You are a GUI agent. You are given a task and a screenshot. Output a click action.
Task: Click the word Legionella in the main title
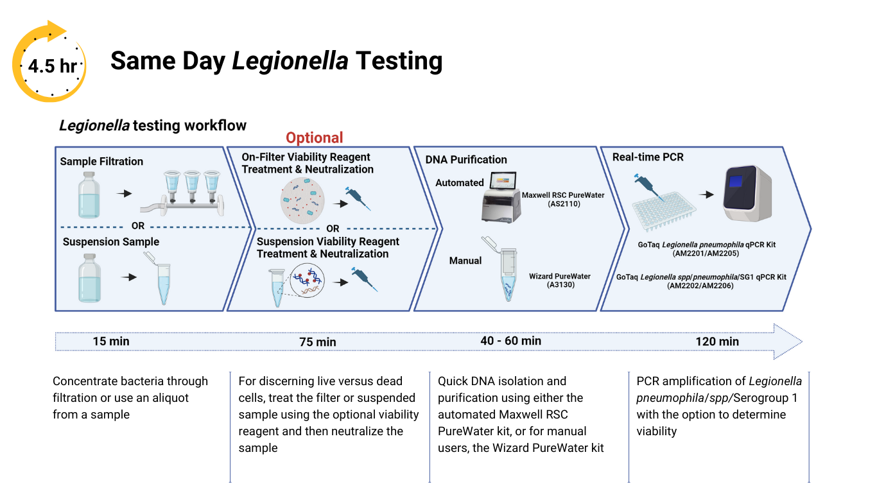(290, 61)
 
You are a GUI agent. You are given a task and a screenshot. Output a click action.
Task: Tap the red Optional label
(314, 138)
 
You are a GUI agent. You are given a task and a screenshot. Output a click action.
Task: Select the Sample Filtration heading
(101, 161)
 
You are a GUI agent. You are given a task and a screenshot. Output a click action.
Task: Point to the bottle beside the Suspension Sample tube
(89, 277)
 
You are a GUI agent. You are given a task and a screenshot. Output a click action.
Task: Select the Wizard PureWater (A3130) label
(559, 281)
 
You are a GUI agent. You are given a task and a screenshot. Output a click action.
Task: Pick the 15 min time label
(111, 342)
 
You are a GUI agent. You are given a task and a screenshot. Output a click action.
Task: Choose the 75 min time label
(317, 342)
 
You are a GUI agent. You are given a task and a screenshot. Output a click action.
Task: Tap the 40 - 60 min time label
(510, 341)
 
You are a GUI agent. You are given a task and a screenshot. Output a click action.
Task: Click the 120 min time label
(717, 342)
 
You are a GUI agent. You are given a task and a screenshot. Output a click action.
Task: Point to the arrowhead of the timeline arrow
(788, 341)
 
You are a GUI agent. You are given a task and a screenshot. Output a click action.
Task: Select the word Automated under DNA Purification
(459, 183)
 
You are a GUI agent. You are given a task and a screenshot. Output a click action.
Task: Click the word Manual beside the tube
(465, 261)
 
